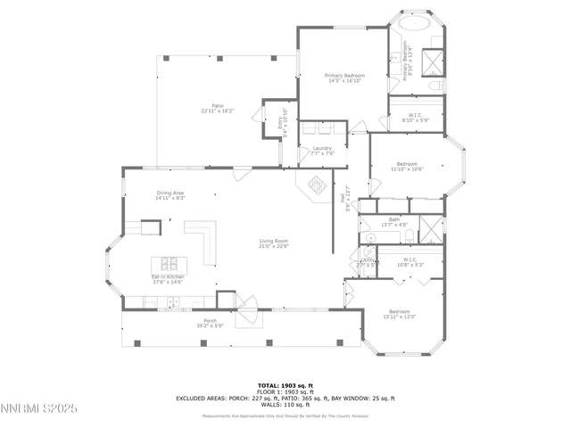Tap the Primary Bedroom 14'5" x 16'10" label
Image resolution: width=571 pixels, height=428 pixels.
343,78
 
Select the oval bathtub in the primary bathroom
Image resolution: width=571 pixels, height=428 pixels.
407,24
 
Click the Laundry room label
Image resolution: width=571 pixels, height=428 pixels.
321,151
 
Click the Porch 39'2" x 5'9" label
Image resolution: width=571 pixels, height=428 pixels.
210,323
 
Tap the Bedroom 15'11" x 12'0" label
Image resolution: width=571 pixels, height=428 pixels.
399,313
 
